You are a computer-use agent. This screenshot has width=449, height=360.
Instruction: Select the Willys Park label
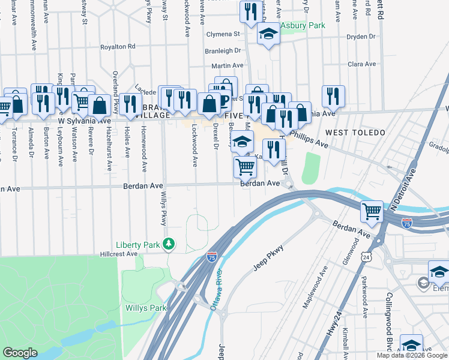coord(145,308)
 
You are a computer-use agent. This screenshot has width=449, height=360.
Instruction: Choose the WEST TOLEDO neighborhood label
coord(355,132)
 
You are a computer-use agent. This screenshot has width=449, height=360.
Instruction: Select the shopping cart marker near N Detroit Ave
coord(372,211)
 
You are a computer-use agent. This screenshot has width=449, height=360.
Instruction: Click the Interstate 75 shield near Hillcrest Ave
coord(212,257)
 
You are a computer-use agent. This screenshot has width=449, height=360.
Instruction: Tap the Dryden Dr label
coord(360,37)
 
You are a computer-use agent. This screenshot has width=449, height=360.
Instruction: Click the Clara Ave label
coord(361,64)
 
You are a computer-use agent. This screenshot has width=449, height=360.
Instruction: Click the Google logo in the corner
coord(20,353)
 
